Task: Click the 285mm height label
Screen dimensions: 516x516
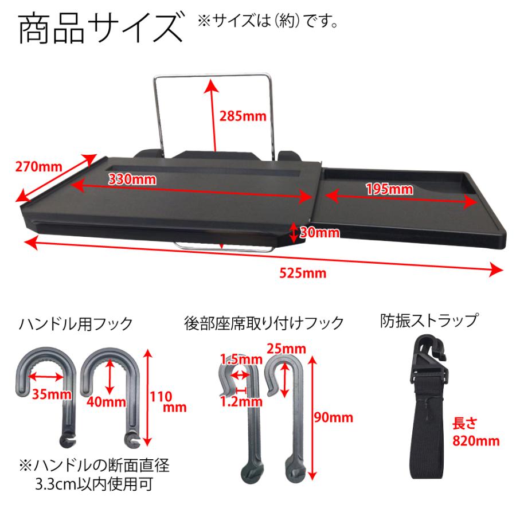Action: [x=243, y=116]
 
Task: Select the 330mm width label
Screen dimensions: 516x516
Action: [x=132, y=178]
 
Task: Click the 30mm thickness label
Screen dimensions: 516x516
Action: [x=319, y=232]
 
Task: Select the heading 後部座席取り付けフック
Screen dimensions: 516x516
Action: [x=264, y=323]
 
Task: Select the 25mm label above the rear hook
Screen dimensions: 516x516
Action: [x=285, y=348]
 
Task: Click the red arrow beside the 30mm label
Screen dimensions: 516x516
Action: [x=293, y=232]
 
